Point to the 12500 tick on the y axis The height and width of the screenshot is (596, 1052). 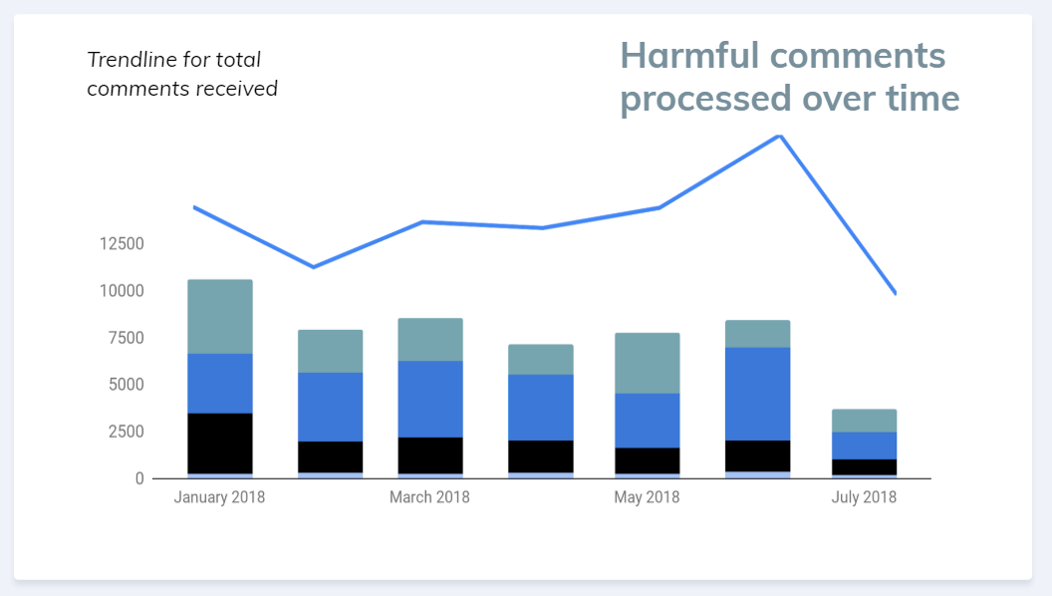(x=123, y=244)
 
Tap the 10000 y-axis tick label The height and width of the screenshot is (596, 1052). (x=123, y=291)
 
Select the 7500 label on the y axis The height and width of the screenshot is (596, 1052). (x=127, y=338)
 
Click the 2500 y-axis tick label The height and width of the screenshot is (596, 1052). (x=127, y=432)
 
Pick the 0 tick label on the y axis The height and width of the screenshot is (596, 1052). (x=139, y=478)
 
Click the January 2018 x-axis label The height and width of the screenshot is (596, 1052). (x=219, y=497)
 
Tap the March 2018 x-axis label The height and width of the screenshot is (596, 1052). (x=429, y=497)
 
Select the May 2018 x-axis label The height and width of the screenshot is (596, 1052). (x=646, y=497)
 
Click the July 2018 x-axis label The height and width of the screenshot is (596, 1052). (x=864, y=497)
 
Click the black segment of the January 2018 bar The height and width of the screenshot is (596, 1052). (x=220, y=443)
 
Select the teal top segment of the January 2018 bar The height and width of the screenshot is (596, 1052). (x=220, y=316)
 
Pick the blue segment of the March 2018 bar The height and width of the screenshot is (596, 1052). (x=430, y=399)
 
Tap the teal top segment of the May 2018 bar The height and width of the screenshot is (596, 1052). (x=647, y=363)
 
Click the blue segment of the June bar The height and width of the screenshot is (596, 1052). (x=757, y=394)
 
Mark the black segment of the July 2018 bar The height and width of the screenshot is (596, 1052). (x=864, y=466)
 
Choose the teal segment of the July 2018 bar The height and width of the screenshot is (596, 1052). (x=864, y=420)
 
